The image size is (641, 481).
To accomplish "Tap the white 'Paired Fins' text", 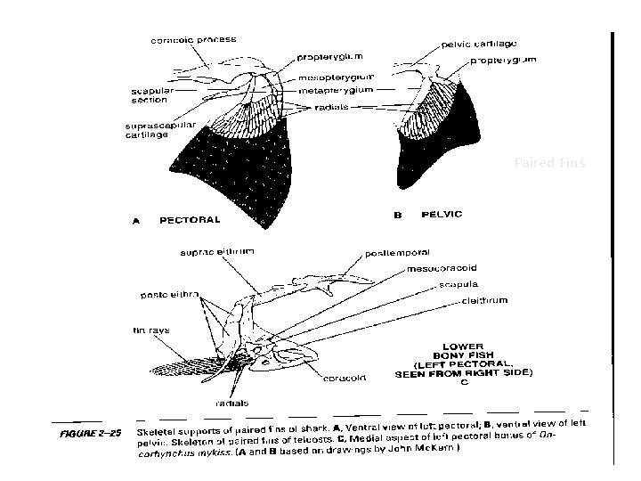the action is click(x=545, y=163).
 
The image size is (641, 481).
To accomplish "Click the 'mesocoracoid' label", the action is click(x=442, y=268).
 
